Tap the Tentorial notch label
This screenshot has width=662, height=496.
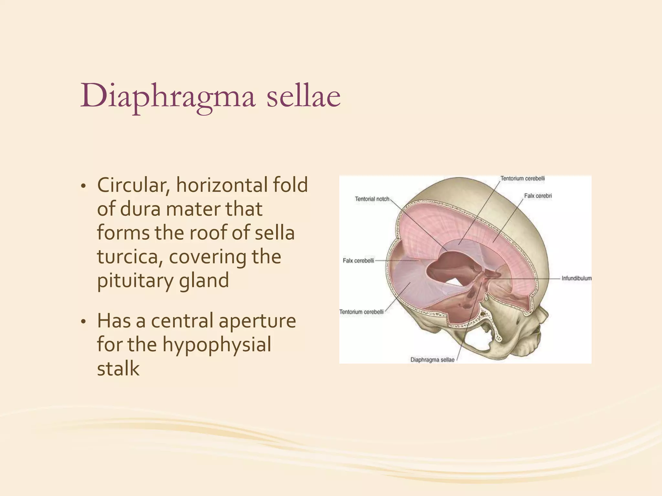coord(372,199)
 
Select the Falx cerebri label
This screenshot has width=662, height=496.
coord(538,196)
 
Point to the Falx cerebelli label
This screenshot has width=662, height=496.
coord(358,261)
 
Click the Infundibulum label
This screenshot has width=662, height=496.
coord(576,278)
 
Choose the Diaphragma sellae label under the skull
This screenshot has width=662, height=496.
coord(432,360)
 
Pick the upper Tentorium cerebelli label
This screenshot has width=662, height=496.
coord(522,178)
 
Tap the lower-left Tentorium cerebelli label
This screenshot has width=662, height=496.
coord(361,312)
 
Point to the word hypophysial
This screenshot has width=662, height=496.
coord(217,345)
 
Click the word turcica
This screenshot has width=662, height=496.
coord(130,257)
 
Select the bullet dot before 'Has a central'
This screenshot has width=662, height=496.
coord(83,322)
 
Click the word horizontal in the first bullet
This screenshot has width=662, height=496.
coord(221,185)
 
